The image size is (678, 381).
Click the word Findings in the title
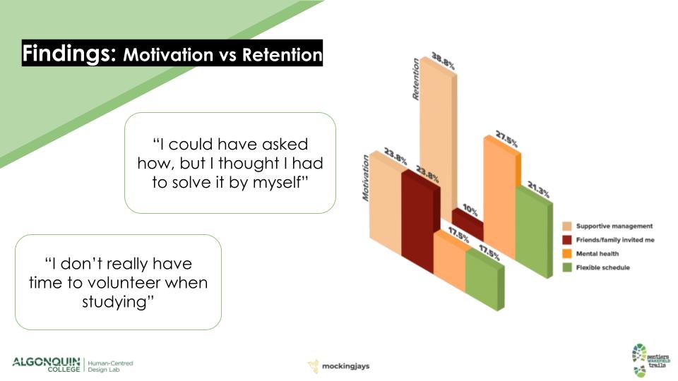[x=69, y=54]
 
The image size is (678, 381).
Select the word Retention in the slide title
[x=282, y=55]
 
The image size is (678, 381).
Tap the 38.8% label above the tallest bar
[x=444, y=61]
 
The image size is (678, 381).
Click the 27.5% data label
[x=507, y=139]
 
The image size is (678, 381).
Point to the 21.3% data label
[x=538, y=190]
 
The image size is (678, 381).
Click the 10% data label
[x=470, y=210]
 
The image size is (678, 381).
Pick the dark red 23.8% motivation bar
[x=421, y=220]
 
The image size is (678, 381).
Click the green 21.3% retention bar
[x=535, y=232]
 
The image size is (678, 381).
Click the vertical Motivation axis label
[x=366, y=178]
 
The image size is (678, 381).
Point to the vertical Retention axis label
[x=416, y=80]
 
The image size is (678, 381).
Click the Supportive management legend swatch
[x=567, y=226]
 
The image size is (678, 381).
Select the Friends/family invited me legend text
[x=615, y=240]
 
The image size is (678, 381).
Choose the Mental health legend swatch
[x=567, y=253]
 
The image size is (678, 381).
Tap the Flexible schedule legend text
[x=602, y=267]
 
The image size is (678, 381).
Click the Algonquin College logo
[x=47, y=365]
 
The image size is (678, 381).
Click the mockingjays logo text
[x=345, y=366]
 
